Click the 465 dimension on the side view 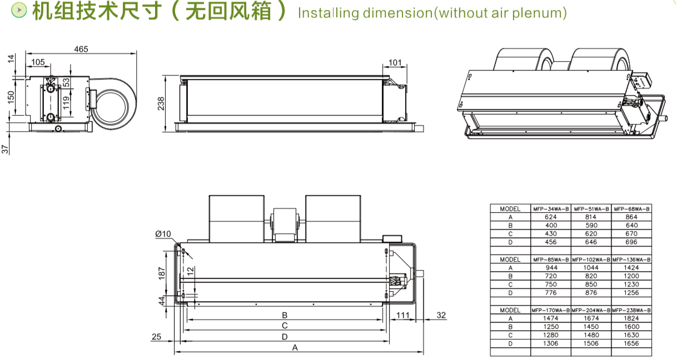click(x=81, y=49)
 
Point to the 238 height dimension click(x=161, y=103)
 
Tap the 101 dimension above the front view click(x=395, y=63)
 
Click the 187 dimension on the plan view click(x=162, y=273)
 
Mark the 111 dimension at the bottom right click(x=403, y=315)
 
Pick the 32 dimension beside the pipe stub click(x=441, y=315)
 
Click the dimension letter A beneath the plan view click(x=295, y=348)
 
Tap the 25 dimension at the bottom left click(x=156, y=337)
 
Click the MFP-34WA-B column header click(x=551, y=209)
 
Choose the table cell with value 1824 click(x=631, y=318)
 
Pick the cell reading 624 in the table click(x=551, y=217)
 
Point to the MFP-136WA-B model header click(x=631, y=259)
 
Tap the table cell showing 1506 click(x=591, y=343)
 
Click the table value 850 click(x=591, y=284)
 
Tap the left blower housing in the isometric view click(x=524, y=59)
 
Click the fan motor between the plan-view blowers click(x=284, y=224)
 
